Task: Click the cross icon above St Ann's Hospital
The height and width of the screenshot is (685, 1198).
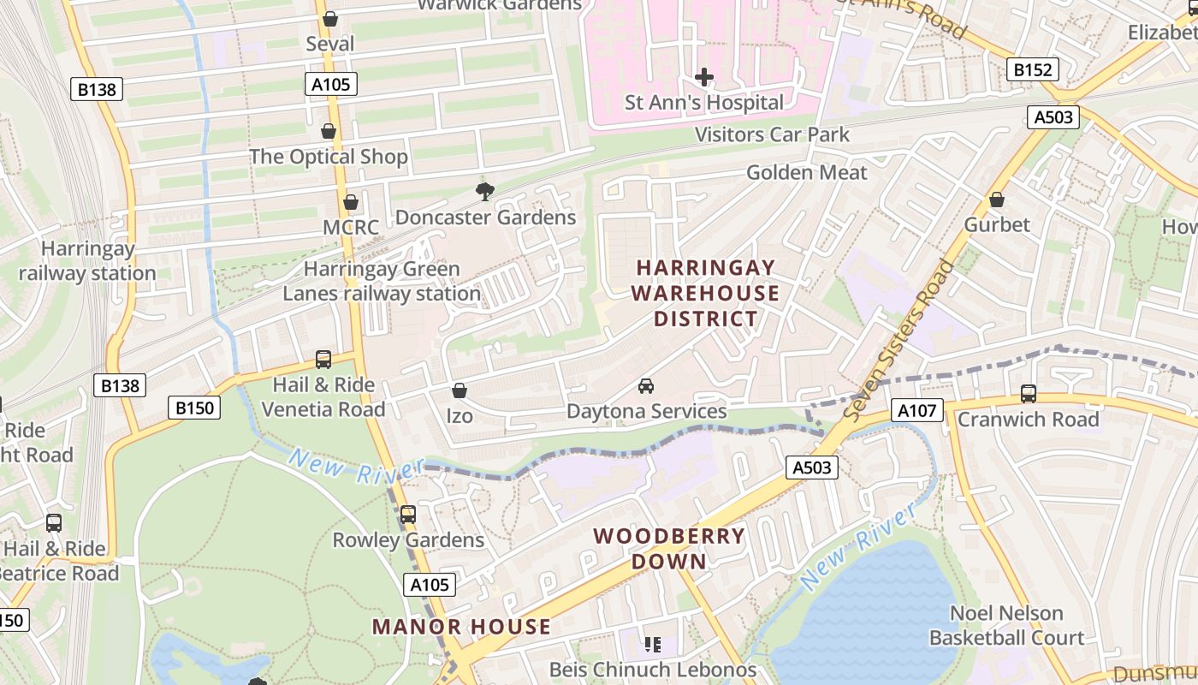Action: click(x=704, y=78)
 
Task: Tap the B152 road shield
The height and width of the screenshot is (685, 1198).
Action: click(x=1032, y=69)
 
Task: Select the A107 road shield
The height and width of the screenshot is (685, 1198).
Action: click(x=916, y=411)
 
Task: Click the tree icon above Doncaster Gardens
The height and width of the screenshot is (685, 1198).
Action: click(x=484, y=191)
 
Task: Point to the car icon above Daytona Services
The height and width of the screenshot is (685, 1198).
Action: click(x=646, y=386)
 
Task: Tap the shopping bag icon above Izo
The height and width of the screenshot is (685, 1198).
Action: click(x=460, y=391)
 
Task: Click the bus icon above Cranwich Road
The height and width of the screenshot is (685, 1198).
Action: click(x=1029, y=394)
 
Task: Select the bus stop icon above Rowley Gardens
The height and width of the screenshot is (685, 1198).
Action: click(x=408, y=515)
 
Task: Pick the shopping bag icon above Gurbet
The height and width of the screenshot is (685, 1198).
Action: click(x=997, y=200)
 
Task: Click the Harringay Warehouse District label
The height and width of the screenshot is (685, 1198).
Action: click(x=704, y=293)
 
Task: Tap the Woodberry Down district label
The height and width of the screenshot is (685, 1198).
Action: click(x=669, y=549)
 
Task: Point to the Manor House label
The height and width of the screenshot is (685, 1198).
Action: click(x=461, y=627)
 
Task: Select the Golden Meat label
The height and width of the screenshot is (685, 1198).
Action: click(x=806, y=172)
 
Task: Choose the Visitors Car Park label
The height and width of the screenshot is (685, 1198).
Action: click(x=772, y=134)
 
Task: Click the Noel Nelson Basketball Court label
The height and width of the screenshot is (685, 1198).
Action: click(x=1006, y=625)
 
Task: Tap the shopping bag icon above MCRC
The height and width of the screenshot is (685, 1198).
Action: click(x=350, y=203)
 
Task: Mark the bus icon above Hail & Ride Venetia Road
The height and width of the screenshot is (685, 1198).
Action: click(x=323, y=360)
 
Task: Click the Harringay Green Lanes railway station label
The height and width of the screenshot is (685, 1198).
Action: click(x=382, y=281)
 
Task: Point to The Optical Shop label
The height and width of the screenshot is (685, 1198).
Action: click(x=328, y=157)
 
